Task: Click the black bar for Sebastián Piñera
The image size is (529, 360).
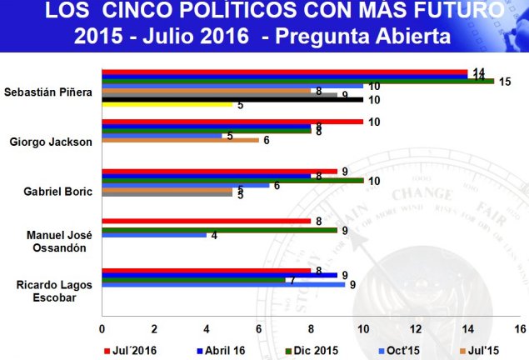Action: point(232,99)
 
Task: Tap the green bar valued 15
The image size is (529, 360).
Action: point(297,81)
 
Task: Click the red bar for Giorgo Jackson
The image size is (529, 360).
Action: point(232,122)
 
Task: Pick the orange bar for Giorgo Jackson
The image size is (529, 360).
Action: point(179,140)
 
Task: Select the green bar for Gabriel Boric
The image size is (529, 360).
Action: point(232,180)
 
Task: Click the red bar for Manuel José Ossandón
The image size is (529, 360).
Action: point(206,221)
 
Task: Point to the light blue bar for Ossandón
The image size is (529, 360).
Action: point(153,234)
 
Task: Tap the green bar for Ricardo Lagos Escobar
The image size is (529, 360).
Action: point(193,280)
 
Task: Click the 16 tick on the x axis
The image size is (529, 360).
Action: point(521,328)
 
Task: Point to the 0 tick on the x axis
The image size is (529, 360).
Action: point(102,328)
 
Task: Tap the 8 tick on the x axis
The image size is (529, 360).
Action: point(311,328)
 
